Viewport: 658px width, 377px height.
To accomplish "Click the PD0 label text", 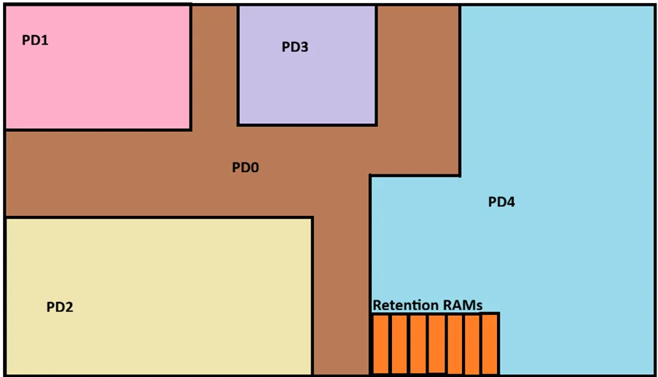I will [x=246, y=168].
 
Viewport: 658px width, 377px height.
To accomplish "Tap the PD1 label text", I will [x=35, y=41].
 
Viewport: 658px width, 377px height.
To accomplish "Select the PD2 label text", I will [x=60, y=307].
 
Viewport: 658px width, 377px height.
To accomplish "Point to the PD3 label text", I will [x=295, y=47].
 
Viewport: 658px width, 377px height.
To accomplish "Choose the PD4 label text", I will [x=501, y=202].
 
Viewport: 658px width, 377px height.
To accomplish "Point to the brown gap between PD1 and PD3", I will [x=214, y=66].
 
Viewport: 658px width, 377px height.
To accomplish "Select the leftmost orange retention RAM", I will [x=380, y=344].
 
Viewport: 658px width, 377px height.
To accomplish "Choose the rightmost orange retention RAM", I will [x=490, y=344].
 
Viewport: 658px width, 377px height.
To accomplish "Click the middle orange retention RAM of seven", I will [x=436, y=344].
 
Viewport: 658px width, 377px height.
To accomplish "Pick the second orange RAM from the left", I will [x=399, y=344].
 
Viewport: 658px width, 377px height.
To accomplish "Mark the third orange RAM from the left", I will [x=418, y=344].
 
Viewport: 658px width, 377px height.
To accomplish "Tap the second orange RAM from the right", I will [x=472, y=344].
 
